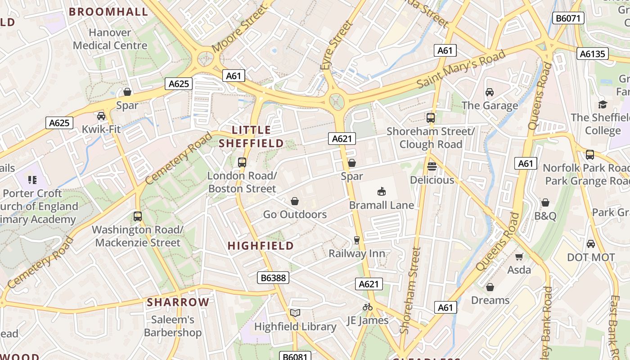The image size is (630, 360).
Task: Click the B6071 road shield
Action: [568, 18]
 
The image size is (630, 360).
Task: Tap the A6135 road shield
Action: [592, 54]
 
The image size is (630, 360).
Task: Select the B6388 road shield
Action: [273, 278]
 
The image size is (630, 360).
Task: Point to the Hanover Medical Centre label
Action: [110, 39]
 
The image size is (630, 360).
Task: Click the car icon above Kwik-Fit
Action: [101, 116]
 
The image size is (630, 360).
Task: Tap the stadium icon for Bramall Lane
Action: [382, 192]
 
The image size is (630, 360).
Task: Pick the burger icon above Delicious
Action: [432, 166]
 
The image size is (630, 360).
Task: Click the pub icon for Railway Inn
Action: [357, 240]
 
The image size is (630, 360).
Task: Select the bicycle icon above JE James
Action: [368, 307]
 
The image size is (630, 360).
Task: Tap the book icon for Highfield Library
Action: [295, 313]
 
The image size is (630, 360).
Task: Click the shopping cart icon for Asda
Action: [519, 256]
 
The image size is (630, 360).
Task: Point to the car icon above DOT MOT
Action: [591, 244]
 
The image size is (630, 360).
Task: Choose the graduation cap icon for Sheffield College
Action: [602, 104]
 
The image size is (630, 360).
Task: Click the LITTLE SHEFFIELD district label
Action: [251, 137]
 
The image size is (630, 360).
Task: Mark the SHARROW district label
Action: [178, 302]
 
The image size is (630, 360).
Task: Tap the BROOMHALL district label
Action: [108, 12]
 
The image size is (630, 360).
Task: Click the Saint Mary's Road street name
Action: [461, 70]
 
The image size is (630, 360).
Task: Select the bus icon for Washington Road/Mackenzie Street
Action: [138, 216]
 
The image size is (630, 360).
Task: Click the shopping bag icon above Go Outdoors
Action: [295, 201]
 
